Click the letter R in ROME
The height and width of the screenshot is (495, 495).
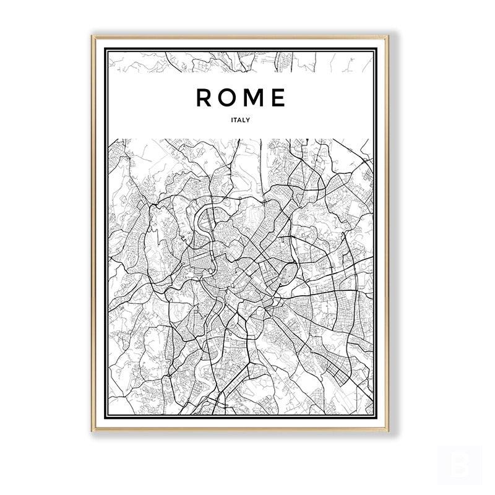(204, 98)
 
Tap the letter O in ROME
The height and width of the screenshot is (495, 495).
(230, 98)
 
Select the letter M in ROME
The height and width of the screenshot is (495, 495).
(256, 98)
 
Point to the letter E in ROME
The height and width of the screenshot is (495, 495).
(279, 98)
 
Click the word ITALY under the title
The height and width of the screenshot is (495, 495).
(241, 120)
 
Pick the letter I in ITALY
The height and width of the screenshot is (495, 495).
(232, 120)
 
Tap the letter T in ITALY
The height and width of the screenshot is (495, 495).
(236, 120)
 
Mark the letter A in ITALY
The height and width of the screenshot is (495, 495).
(240, 120)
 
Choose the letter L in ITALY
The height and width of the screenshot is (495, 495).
(244, 120)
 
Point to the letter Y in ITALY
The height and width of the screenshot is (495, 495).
(248, 120)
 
